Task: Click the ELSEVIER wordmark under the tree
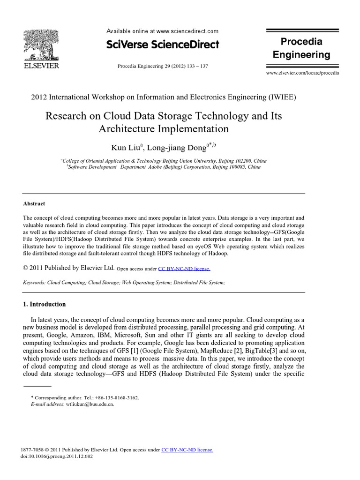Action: click(41, 66)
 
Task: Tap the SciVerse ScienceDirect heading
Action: click(163, 45)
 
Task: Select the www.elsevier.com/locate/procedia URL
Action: click(302, 74)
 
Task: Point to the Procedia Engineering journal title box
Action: click(301, 48)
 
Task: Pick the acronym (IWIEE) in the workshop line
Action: click(282, 97)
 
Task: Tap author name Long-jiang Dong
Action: click(176, 148)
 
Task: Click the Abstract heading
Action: click(34, 204)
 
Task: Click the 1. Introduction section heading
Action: click(45, 304)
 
